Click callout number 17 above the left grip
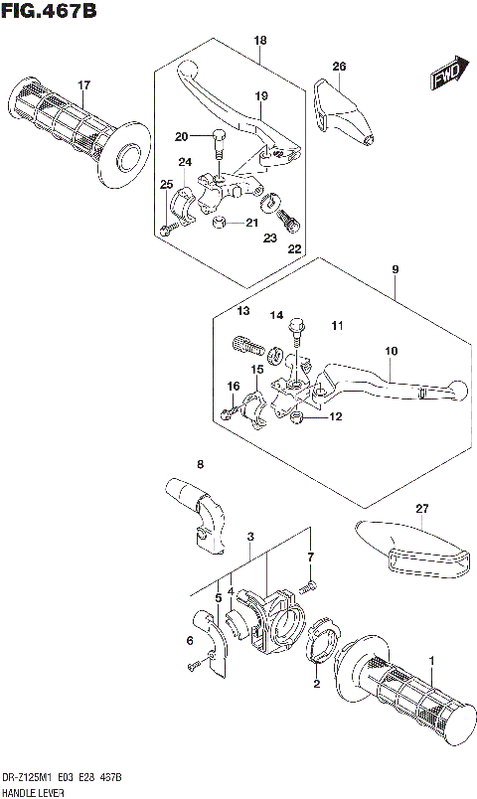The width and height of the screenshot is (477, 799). (x=84, y=84)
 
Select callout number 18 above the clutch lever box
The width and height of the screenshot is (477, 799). (x=260, y=41)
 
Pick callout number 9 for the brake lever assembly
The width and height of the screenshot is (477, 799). (x=395, y=268)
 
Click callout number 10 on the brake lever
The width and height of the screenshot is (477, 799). (x=392, y=351)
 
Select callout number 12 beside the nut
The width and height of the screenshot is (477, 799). (x=336, y=416)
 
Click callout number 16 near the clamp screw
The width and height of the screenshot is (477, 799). (x=233, y=386)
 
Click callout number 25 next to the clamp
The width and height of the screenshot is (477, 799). (x=167, y=184)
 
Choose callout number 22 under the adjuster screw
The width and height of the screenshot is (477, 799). (x=292, y=248)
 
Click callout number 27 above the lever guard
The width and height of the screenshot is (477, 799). (x=422, y=509)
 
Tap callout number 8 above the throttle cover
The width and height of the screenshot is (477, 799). (x=199, y=464)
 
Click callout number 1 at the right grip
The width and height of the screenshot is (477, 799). (x=431, y=660)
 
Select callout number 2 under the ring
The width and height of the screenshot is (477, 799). (x=316, y=685)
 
